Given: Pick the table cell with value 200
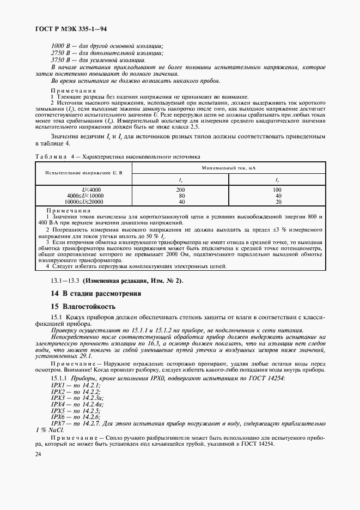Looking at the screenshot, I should point(181,190).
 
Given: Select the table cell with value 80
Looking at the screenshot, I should point(181,195).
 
